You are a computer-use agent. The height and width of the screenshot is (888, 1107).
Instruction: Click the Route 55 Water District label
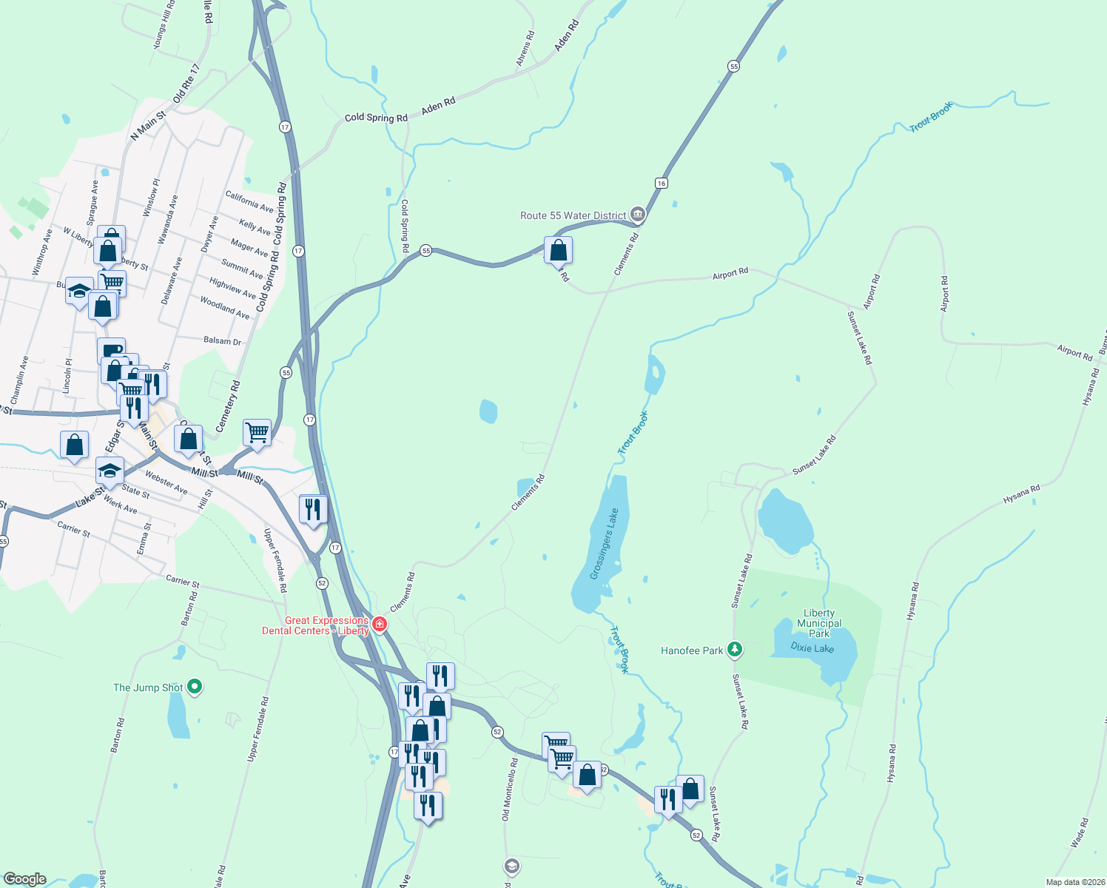[x=573, y=215]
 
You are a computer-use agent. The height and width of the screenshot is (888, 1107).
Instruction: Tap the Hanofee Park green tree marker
[x=734, y=650]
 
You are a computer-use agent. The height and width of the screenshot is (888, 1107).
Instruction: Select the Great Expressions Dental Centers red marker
[x=380, y=625]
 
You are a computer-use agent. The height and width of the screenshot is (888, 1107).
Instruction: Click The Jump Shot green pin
[x=195, y=687]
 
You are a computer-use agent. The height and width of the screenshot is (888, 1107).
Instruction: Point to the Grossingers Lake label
[x=604, y=544]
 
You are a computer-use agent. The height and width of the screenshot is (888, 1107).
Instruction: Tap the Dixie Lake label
[x=812, y=648]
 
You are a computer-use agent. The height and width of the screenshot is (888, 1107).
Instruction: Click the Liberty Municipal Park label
[x=819, y=623]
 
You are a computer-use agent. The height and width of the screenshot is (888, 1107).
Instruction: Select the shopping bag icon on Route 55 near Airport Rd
[x=559, y=251]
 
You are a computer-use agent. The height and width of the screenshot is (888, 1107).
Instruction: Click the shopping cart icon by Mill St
[x=257, y=431]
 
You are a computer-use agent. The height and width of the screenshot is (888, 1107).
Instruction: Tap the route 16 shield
[x=661, y=183]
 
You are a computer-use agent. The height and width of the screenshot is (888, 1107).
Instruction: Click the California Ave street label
[x=249, y=201]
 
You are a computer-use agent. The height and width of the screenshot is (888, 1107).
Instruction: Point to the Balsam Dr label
[x=222, y=340]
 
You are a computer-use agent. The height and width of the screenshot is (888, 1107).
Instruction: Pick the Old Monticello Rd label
[x=509, y=789]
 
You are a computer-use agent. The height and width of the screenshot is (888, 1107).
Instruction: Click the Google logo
[x=25, y=879]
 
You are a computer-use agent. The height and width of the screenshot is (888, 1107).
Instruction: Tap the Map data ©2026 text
[x=1074, y=882]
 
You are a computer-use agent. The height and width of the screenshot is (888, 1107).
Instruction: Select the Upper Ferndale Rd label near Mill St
[x=275, y=560]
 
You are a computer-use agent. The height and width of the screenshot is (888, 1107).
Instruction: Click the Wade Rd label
[x=1080, y=832]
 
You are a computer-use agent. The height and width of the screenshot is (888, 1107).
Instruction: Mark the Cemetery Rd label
[x=228, y=406]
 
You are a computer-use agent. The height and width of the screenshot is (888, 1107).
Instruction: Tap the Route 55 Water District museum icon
[x=638, y=215]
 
